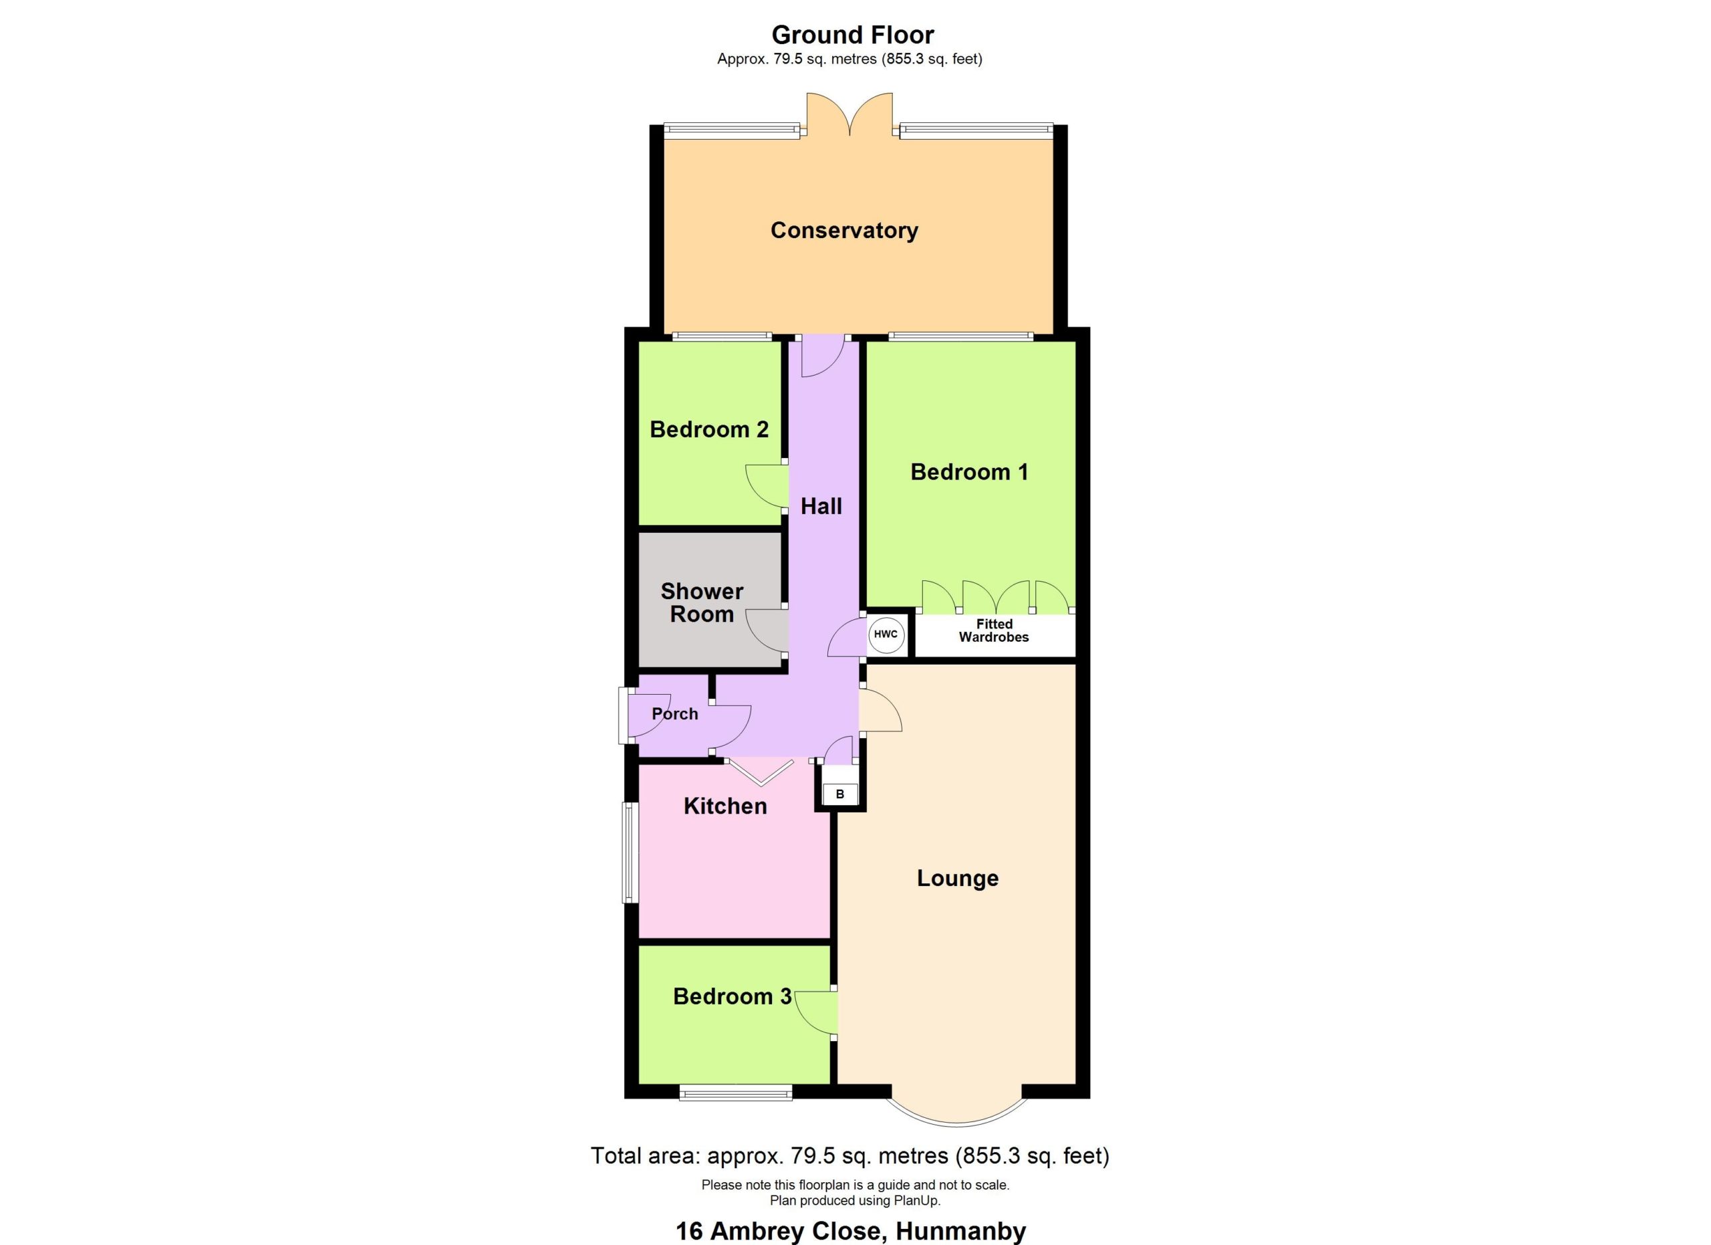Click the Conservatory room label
pos(844,230)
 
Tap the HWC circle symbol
pos(886,634)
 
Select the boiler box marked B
pos(839,794)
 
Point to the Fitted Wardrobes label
pos(994,630)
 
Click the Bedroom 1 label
pos(968,472)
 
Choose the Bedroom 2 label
pos(709,429)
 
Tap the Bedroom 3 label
pos(733,996)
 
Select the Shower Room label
pos(702,602)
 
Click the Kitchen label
pos(725,806)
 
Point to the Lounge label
pos(957,879)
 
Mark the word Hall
pos(821,506)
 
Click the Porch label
pos(674,714)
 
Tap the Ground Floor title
pos(852,35)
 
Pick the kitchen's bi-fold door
pos(761,772)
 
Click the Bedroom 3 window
pos(736,1093)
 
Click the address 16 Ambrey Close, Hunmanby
pos(850,1232)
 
